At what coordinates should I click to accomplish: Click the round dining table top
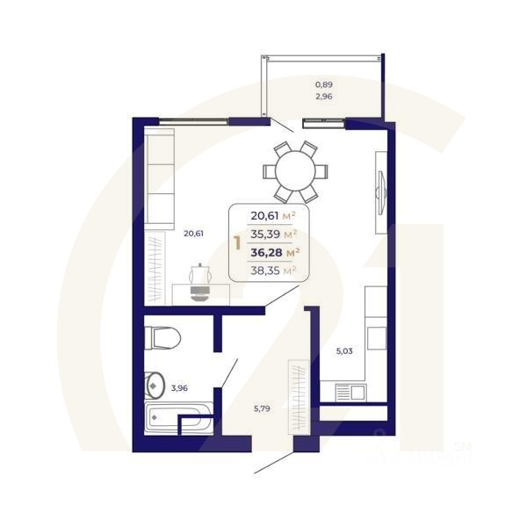[295, 170]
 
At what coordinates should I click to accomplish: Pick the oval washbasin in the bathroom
[155, 384]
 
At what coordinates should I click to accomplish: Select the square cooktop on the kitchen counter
[376, 337]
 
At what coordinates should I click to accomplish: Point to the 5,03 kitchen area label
[346, 351]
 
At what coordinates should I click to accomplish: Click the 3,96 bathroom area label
[179, 386]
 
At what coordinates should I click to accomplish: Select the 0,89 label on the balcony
[324, 84]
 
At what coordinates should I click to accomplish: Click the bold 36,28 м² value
[273, 252]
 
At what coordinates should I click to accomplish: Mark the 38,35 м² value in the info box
[273, 271]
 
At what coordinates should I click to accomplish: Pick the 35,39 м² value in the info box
[273, 234]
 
